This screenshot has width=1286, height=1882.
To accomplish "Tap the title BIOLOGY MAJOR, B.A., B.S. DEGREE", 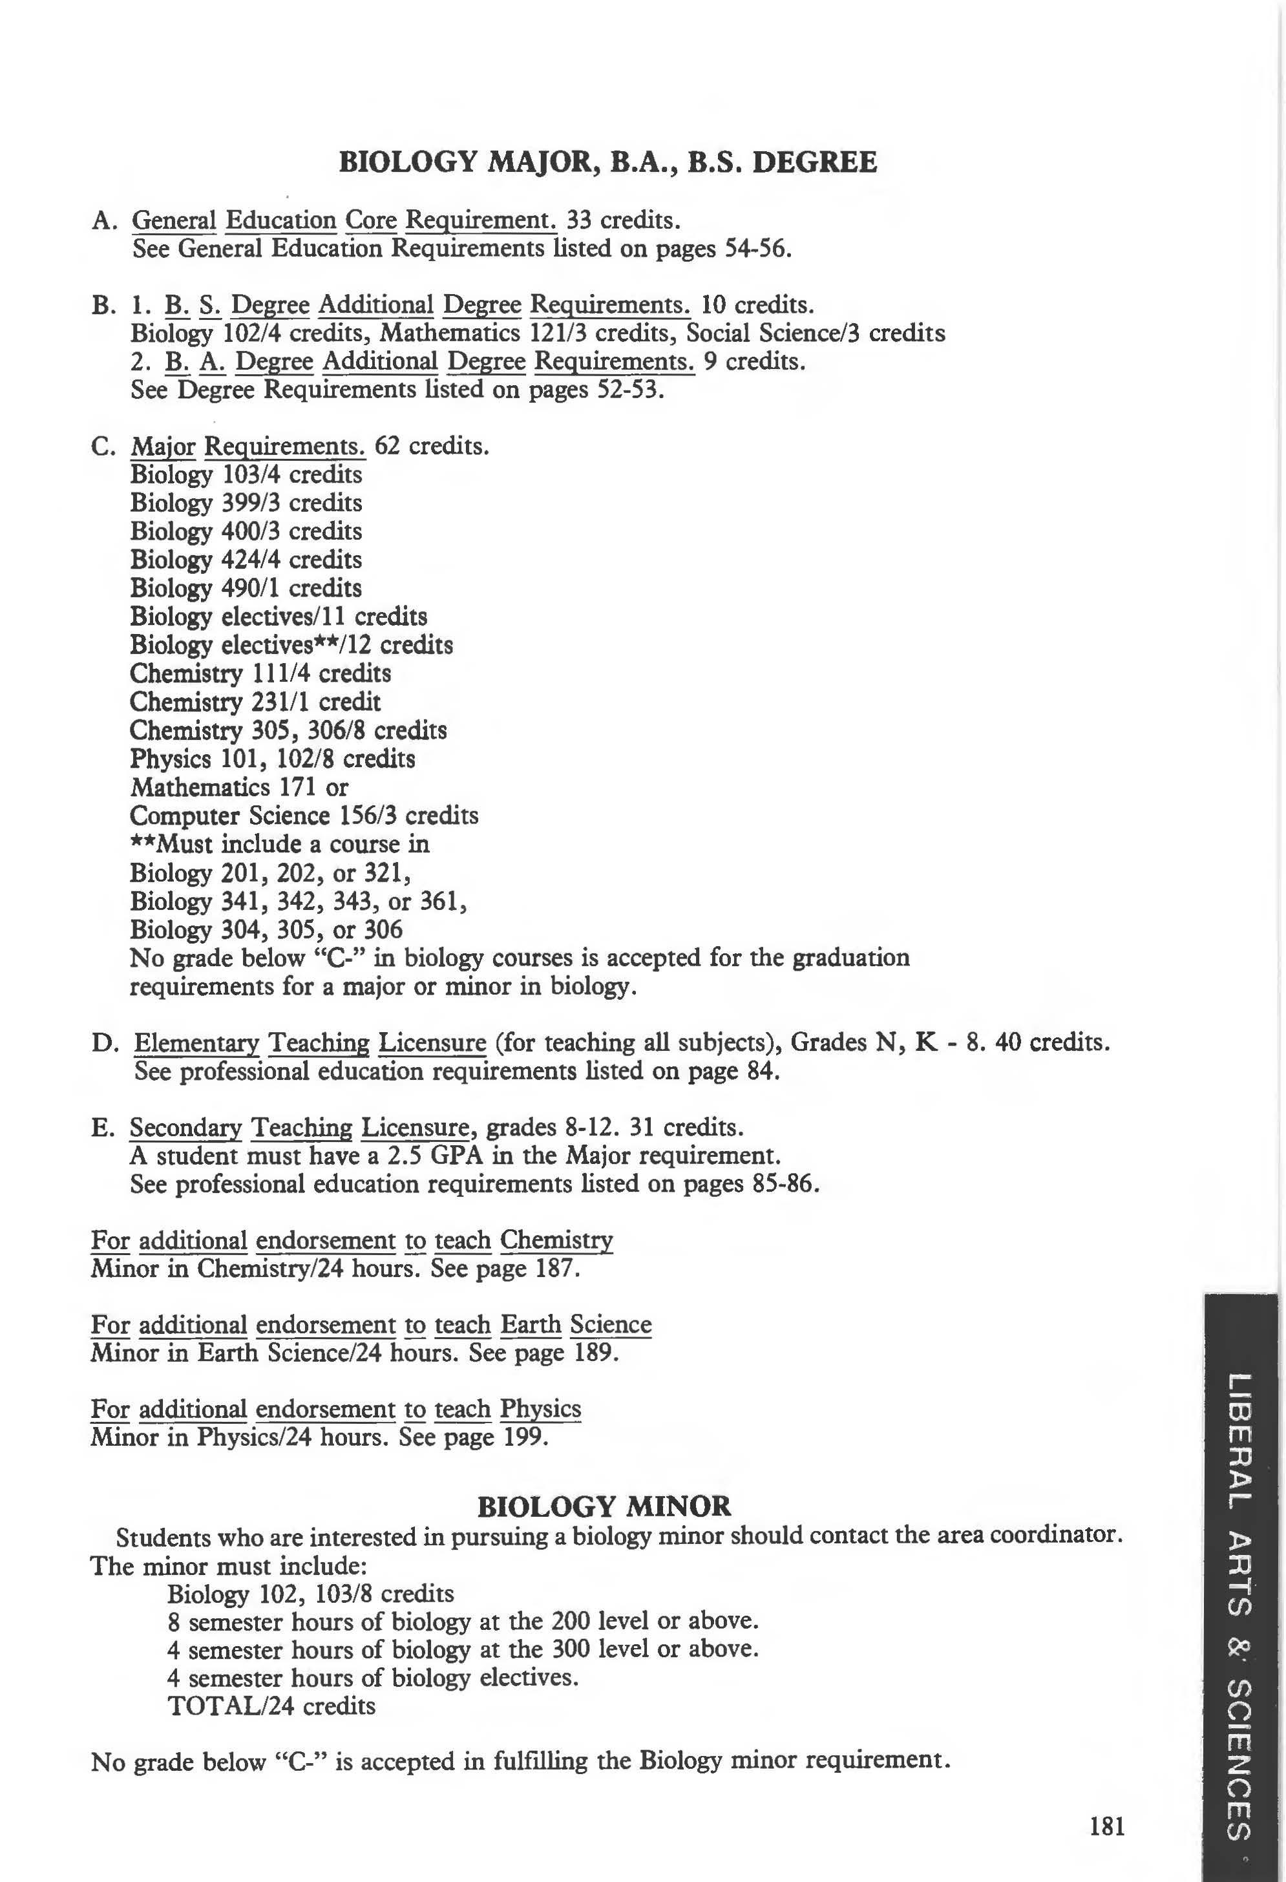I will (x=607, y=162).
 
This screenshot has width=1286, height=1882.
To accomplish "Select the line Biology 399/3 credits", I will (x=246, y=503).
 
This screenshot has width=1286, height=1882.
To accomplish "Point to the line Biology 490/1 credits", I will (x=246, y=588).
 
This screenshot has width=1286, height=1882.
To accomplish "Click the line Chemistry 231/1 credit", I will (x=255, y=701).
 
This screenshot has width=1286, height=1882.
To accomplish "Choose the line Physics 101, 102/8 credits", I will (x=273, y=759).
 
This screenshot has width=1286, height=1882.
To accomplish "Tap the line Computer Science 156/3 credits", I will (x=304, y=816).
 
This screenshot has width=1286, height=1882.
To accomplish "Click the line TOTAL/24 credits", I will (x=271, y=1706).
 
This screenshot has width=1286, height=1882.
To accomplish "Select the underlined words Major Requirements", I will (x=248, y=446).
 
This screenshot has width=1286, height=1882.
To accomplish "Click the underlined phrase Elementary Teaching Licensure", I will (x=310, y=1042).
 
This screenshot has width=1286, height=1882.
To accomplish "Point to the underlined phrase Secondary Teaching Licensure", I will (x=300, y=1127).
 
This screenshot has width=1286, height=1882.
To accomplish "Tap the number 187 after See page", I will (x=557, y=1268).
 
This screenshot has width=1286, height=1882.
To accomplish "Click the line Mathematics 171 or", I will (x=239, y=787).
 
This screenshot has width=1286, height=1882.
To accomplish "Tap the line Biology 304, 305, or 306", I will (x=266, y=929).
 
